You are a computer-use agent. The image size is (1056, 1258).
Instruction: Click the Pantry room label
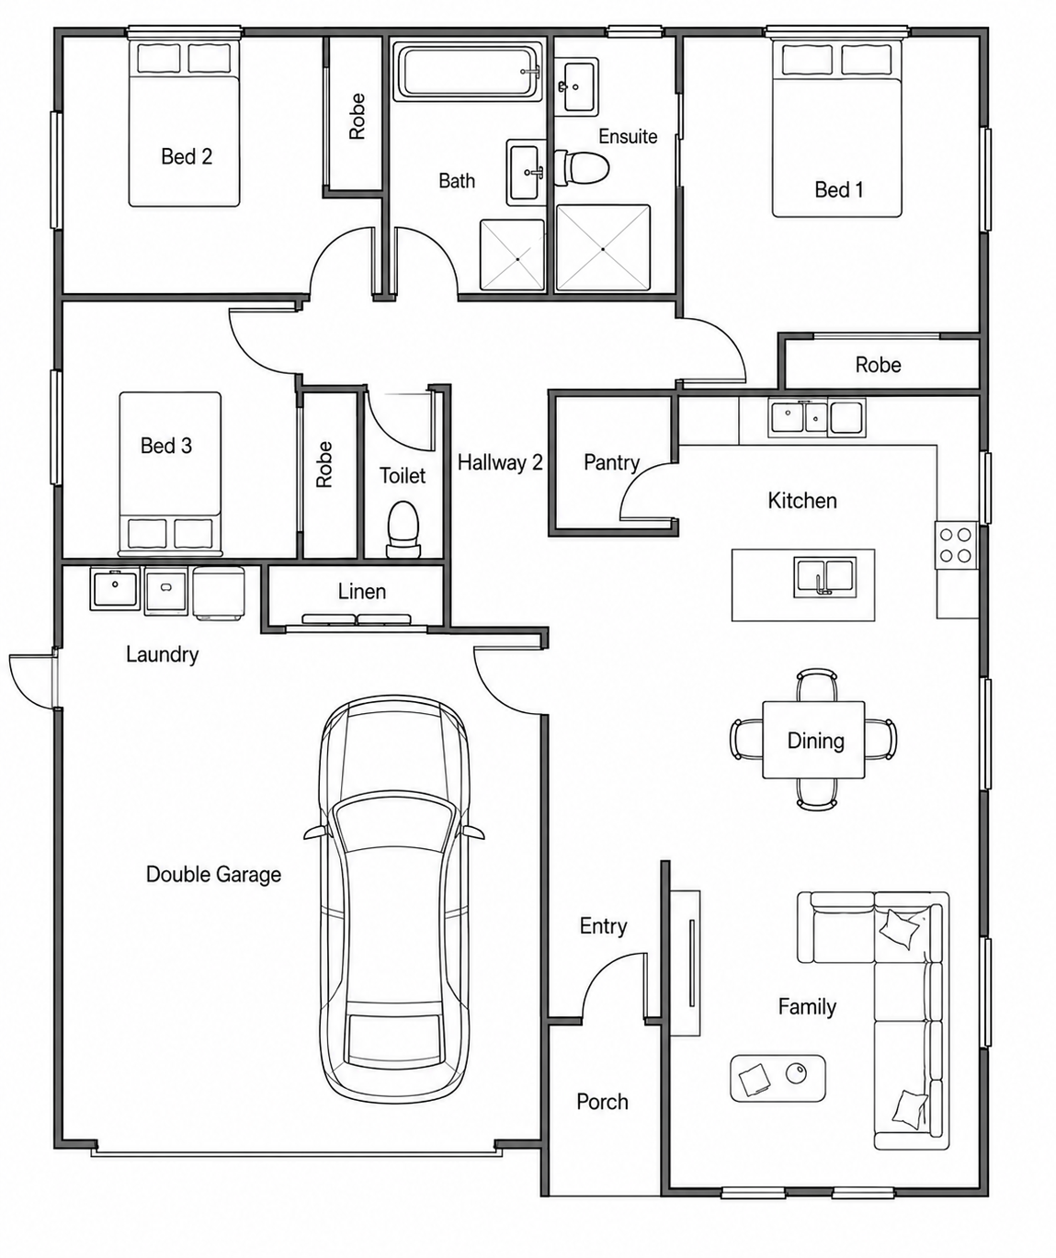611,463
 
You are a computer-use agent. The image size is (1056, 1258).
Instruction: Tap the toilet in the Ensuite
581,167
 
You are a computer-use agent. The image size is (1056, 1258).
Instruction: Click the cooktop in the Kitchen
956,545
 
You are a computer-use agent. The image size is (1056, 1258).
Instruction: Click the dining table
813,739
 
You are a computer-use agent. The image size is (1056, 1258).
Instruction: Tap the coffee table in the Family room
778,1078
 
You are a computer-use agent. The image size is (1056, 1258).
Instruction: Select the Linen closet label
361,592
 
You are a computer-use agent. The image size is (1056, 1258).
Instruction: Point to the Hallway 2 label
500,463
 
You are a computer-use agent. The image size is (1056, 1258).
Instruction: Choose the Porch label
602,1102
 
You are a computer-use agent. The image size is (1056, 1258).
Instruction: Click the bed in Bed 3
170,473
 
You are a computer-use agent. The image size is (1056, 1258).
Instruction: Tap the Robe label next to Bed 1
879,365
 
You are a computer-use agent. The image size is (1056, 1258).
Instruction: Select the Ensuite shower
603,248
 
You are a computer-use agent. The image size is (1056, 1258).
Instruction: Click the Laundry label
162,655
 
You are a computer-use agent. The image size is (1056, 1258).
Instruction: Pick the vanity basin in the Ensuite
576,86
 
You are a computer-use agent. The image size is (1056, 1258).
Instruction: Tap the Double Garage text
213,875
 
